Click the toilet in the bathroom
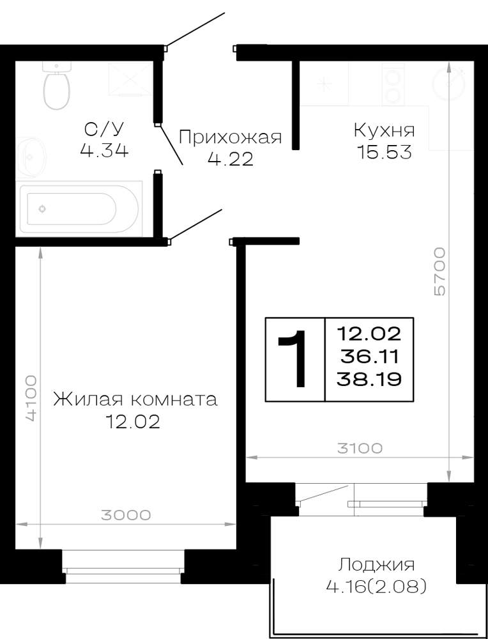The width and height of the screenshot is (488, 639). click(x=57, y=86)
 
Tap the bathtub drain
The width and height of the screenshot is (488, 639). click(x=42, y=209)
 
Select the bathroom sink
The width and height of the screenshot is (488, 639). click(x=31, y=157)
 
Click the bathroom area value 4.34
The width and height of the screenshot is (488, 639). click(x=104, y=151)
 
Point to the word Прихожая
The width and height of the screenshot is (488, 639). click(x=230, y=137)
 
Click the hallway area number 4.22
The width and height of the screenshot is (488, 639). click(x=230, y=159)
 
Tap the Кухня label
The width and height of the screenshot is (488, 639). click(x=384, y=131)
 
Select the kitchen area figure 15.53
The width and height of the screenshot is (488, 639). click(x=384, y=153)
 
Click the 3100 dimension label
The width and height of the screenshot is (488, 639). click(x=360, y=449)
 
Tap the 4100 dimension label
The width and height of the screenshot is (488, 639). click(x=31, y=399)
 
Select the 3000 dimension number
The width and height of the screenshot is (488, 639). click(x=126, y=515)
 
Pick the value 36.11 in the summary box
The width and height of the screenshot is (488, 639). click(x=369, y=357)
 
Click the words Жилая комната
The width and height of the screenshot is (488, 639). click(x=135, y=400)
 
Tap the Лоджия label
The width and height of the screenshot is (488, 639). click(x=376, y=566)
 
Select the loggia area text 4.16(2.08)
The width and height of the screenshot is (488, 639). click(x=376, y=587)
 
